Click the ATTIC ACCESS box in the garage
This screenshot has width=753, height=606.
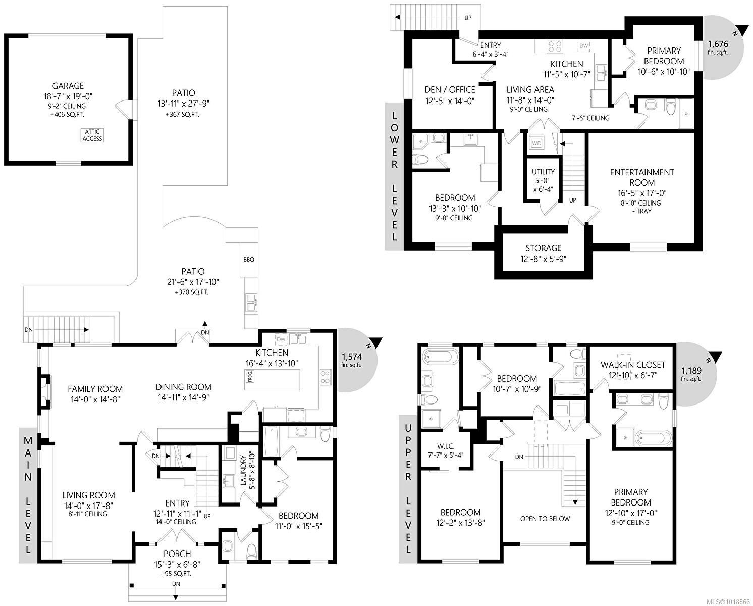tap(92, 135)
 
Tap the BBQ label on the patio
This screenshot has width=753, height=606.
tap(249, 260)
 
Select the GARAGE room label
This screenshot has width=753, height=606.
tap(68, 86)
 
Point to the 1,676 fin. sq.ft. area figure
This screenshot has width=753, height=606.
tap(717, 47)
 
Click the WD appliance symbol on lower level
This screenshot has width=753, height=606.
tap(536, 143)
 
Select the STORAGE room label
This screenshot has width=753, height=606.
tap(543, 248)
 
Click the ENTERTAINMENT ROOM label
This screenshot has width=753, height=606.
tap(641, 177)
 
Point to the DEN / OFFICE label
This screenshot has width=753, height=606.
tap(450, 90)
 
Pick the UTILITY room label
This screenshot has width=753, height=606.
tap(543, 172)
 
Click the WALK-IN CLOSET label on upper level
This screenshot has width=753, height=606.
tap(632, 365)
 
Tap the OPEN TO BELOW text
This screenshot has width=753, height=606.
tap(545, 519)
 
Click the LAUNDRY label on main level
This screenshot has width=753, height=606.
tap(243, 471)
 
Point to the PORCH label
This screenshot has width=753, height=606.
tap(177, 554)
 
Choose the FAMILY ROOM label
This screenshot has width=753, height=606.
tap(95, 389)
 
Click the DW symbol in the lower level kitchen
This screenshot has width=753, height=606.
tap(583, 46)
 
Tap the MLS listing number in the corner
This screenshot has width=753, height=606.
tap(730, 601)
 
